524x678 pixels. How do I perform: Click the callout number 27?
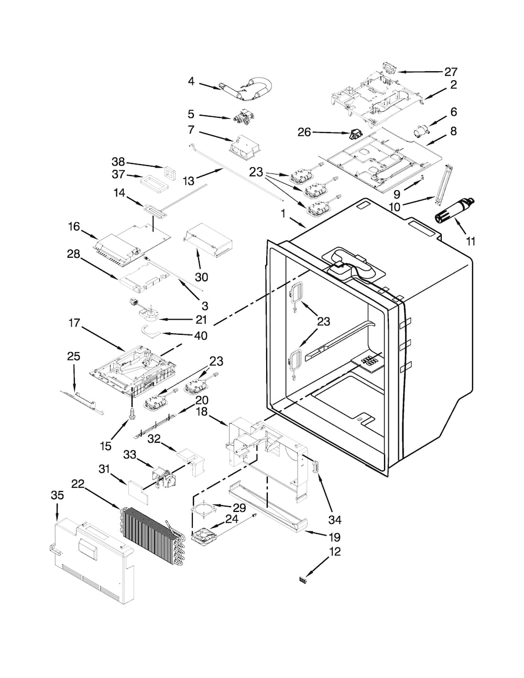tap(451, 72)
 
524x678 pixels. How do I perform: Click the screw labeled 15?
tap(132, 413)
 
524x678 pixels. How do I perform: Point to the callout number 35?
tap(57, 495)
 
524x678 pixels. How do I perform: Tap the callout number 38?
tap(118, 161)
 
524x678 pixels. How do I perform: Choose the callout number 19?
tap(335, 537)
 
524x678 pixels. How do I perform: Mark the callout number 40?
tap(201, 335)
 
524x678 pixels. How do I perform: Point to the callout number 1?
tap(283, 213)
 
